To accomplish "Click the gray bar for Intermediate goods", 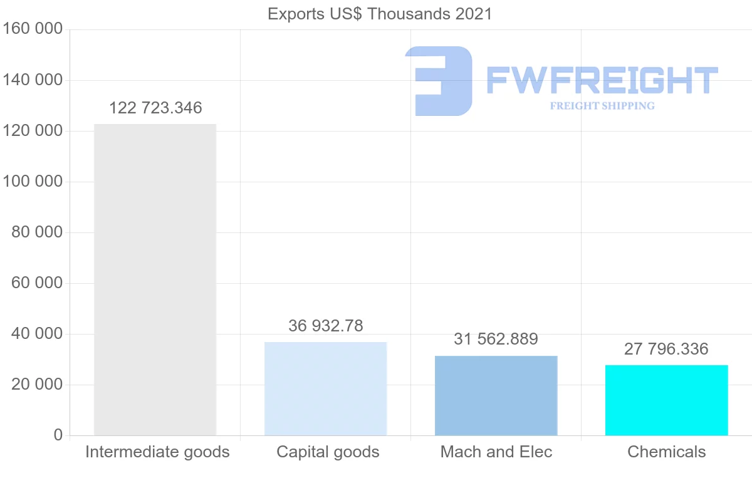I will (x=155, y=279).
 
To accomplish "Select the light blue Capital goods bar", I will (x=325, y=388).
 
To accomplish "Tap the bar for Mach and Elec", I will (x=496, y=395).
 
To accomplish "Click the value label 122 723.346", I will (x=155, y=108).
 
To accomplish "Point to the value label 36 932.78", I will (x=325, y=326).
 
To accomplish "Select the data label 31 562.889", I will (x=496, y=339).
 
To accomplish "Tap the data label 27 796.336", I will (x=666, y=349).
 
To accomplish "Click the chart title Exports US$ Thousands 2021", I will (x=380, y=14).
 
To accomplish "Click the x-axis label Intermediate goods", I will (x=157, y=452).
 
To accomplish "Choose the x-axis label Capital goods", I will (x=328, y=452).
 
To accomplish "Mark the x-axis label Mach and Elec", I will (x=496, y=452).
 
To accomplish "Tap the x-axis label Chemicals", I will (x=666, y=452).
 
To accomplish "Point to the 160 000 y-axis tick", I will (x=33, y=29).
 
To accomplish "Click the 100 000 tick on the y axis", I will (x=33, y=182).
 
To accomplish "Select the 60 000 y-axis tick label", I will (x=37, y=283).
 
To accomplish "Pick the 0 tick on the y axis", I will (x=58, y=435).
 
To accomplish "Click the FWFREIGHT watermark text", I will (x=602, y=80).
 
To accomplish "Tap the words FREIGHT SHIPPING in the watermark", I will (x=602, y=106).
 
